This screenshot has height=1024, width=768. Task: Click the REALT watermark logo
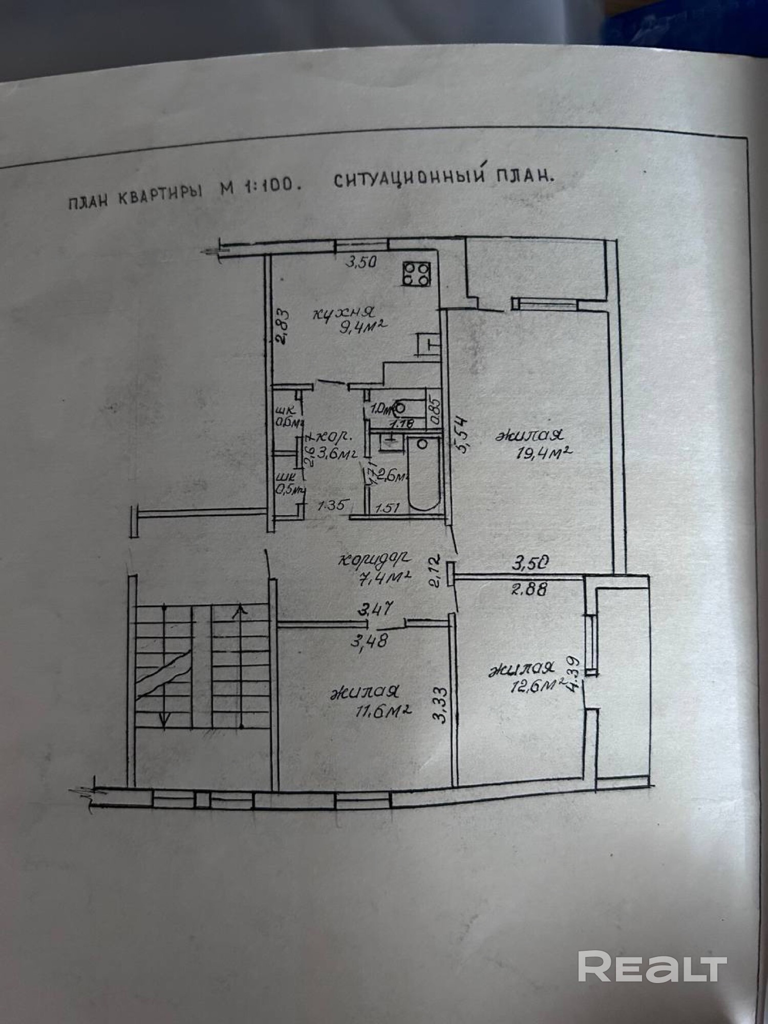(x=652, y=965)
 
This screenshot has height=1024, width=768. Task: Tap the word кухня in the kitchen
(x=345, y=311)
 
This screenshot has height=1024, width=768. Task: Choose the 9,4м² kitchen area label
(x=361, y=326)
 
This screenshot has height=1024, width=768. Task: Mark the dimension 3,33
(x=442, y=703)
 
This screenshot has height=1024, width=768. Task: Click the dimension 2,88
(x=528, y=589)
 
